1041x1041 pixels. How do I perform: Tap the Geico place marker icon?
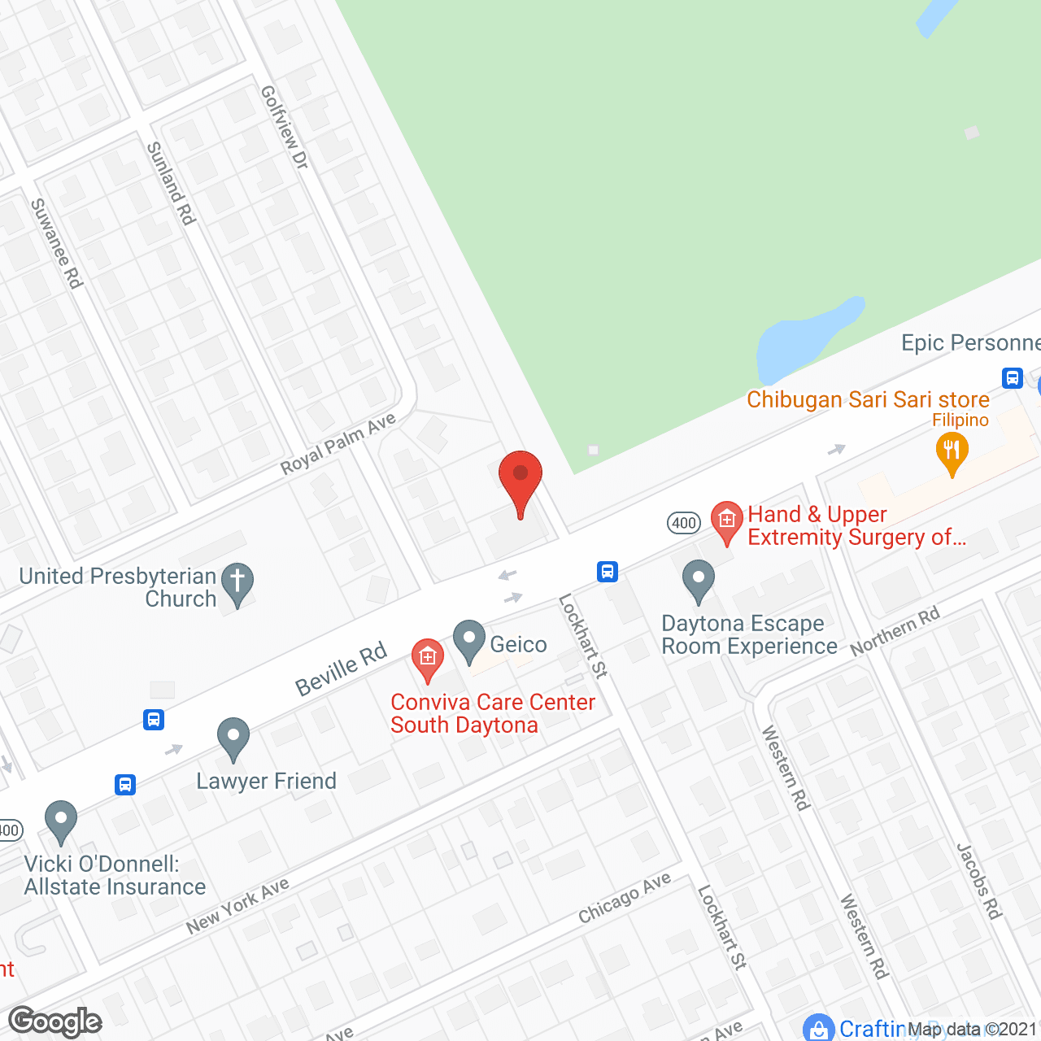coord(468,640)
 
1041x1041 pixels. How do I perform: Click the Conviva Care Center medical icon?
coord(427,659)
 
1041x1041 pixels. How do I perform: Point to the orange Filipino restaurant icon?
coord(952,451)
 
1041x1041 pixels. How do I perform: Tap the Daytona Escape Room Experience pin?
coord(698,580)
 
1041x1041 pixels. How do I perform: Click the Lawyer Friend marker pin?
coord(233,738)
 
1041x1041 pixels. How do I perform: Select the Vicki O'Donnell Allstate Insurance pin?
coord(60,821)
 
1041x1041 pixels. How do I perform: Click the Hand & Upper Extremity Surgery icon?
coord(726,521)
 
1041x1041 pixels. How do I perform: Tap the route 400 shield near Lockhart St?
coord(684,523)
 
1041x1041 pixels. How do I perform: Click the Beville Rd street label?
coord(341,670)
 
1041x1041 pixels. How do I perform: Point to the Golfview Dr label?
coord(284,128)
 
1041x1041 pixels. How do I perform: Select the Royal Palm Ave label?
coord(338,444)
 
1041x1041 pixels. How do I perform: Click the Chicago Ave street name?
coord(625,898)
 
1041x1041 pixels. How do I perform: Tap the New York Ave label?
coord(237,907)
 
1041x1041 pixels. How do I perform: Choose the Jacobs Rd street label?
coord(978,882)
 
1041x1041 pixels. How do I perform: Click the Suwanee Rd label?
coord(56,243)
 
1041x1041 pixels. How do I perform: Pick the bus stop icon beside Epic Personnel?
coord(1012,378)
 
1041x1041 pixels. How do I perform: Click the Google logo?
coord(54,1021)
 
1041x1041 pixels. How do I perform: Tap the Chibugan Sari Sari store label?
coord(868,400)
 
